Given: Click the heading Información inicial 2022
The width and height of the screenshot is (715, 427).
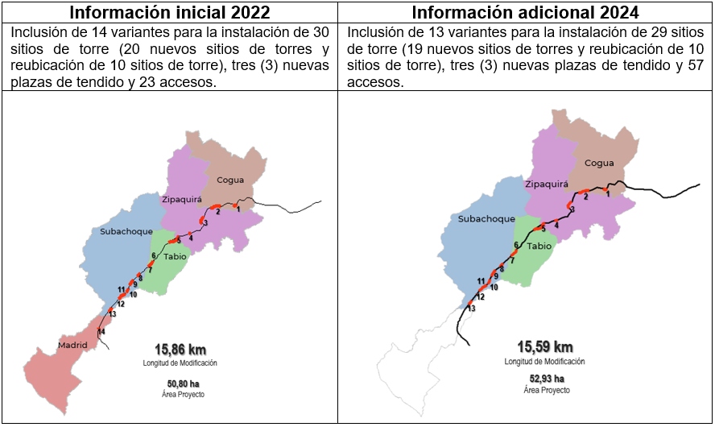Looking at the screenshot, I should (x=169, y=13).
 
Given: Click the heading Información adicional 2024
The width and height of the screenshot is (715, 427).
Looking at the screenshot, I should (x=525, y=13).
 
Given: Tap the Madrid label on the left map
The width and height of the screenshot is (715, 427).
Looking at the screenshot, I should (x=72, y=346).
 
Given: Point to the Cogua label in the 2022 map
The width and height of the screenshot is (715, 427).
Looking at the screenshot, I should (x=230, y=181).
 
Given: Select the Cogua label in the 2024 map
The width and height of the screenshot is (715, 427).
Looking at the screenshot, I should (x=599, y=163).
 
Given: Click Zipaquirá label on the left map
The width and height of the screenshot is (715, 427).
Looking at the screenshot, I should (x=182, y=198).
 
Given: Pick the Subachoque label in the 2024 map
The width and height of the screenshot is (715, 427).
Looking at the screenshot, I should (x=486, y=218).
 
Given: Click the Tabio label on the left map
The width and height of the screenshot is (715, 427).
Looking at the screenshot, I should (x=175, y=256).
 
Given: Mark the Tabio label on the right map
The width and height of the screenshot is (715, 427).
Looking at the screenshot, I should (x=540, y=247).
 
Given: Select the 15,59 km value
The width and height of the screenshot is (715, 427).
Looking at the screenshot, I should (x=545, y=347).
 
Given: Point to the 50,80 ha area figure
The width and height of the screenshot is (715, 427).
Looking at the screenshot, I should (x=180, y=383).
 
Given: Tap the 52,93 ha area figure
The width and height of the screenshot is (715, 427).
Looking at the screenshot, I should (x=545, y=379).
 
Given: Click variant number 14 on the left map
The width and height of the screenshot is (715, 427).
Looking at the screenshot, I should (x=101, y=332).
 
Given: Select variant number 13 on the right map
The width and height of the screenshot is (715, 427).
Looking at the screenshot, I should (x=472, y=309).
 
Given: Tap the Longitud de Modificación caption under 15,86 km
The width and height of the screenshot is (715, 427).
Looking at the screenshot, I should (x=180, y=363).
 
